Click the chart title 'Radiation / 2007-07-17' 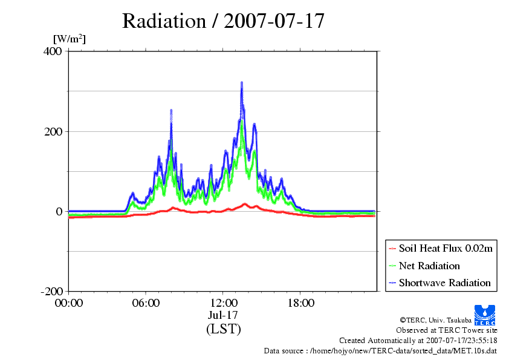pyautogui.click(x=223, y=21)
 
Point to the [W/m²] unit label pyautogui.click(x=70, y=39)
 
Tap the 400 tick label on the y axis pyautogui.click(x=52, y=51)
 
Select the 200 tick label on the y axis pyautogui.click(x=53, y=131)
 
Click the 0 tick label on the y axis pyautogui.click(x=59, y=212)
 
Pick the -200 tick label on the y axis pyautogui.click(x=51, y=291)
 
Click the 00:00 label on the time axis pyautogui.click(x=69, y=303)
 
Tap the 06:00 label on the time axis pyautogui.click(x=146, y=303)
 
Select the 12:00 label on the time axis pyautogui.click(x=224, y=303)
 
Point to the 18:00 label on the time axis pyautogui.click(x=301, y=303)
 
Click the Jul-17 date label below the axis pyautogui.click(x=223, y=315)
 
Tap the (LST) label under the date pyautogui.click(x=224, y=329)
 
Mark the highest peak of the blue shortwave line pyautogui.click(x=242, y=82)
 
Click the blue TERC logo pyautogui.click(x=485, y=315)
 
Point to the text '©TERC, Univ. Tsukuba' pyautogui.click(x=436, y=320)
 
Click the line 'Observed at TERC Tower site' pyautogui.click(x=447, y=330)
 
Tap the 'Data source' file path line pyautogui.click(x=380, y=351)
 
